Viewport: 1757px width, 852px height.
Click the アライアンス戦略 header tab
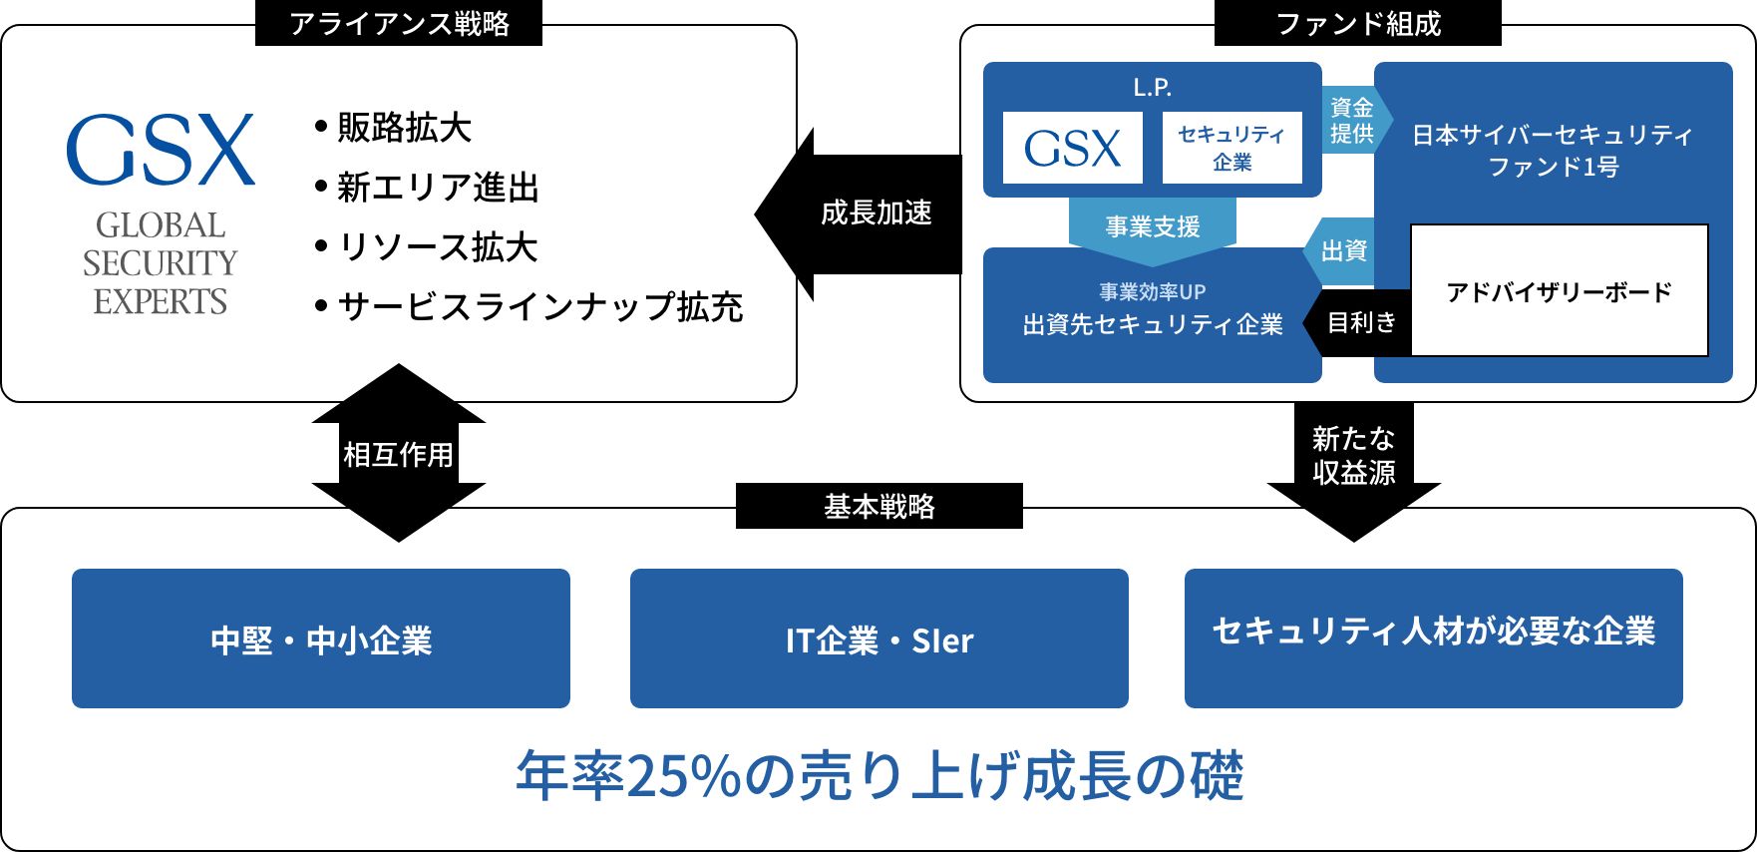(399, 23)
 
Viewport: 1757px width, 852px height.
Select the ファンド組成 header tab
(1357, 23)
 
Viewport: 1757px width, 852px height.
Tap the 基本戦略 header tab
(878, 506)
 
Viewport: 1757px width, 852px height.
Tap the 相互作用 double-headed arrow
(398, 454)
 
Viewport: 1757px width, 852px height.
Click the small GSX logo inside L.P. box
(1072, 149)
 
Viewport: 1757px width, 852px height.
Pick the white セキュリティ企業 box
(1231, 148)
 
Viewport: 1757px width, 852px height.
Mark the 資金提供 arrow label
(1351, 120)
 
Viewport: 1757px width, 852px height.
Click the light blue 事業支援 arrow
(1152, 227)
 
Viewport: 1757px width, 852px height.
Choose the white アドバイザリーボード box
(1559, 291)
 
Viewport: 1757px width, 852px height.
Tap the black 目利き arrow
(1360, 322)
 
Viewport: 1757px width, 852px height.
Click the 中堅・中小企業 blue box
(321, 639)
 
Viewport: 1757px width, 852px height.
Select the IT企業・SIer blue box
(878, 639)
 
